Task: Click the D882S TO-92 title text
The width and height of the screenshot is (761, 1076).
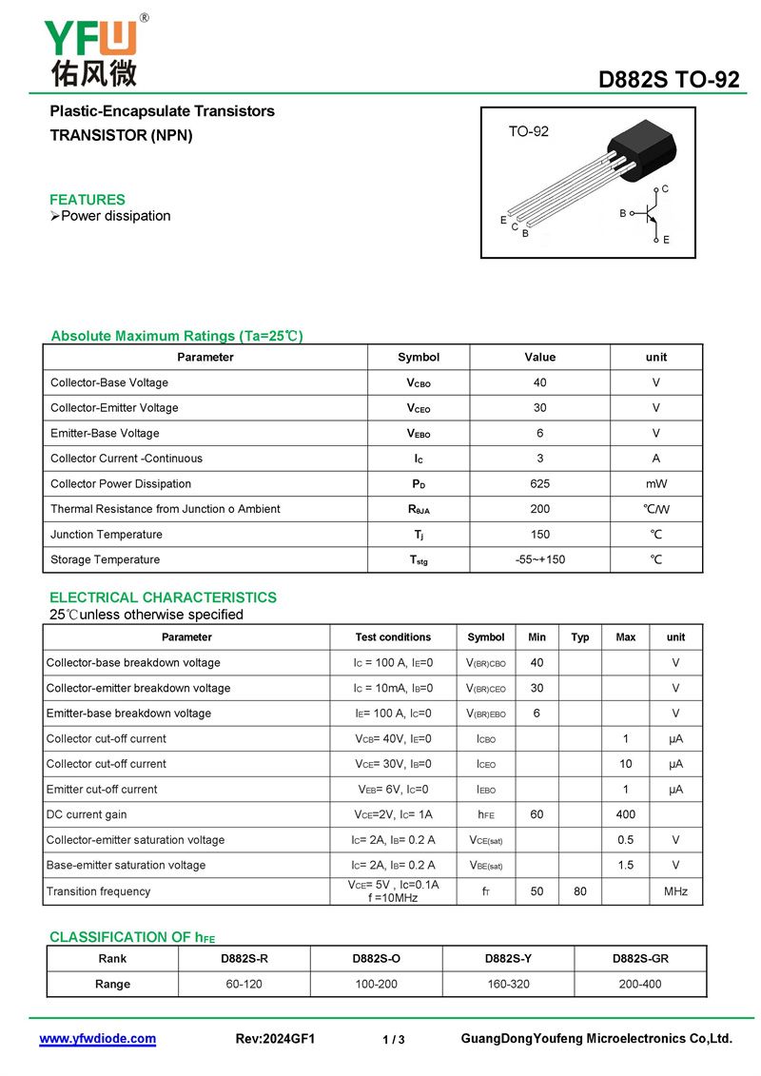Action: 669,81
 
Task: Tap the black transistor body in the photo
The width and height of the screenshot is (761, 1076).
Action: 643,151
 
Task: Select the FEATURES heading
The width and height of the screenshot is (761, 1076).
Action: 88,200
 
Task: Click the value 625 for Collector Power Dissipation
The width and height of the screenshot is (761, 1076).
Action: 539,483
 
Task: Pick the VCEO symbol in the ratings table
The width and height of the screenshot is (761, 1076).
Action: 419,408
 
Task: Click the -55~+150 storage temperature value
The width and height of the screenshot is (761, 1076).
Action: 539,559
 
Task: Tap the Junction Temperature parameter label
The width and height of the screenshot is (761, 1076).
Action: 107,535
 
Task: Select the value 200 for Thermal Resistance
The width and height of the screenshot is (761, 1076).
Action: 539,509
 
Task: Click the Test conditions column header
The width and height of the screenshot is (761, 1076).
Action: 393,637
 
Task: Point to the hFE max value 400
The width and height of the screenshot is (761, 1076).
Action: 625,814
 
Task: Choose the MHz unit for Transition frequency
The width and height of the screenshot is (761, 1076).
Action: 675,891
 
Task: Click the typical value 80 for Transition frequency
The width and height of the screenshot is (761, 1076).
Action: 580,891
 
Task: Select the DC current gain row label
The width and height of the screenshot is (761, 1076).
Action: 87,814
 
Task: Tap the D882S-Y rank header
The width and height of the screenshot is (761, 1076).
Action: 508,959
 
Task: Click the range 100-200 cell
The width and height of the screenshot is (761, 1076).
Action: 377,984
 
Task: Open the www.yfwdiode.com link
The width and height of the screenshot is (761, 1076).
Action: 97,1039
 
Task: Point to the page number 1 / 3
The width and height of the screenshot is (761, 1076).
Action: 394,1040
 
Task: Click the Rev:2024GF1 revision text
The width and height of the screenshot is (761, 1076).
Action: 275,1039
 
